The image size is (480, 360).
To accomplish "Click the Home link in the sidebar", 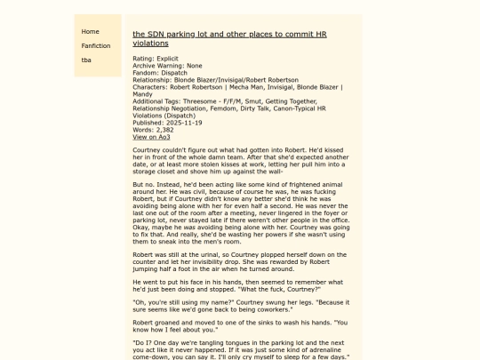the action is tap(91, 31).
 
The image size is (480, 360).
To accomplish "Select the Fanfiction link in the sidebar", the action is tap(96, 45).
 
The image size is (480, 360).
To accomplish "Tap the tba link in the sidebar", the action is tap(86, 60).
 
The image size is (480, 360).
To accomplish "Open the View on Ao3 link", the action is tap(151, 137).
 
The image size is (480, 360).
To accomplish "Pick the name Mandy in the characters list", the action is tap(142, 94).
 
